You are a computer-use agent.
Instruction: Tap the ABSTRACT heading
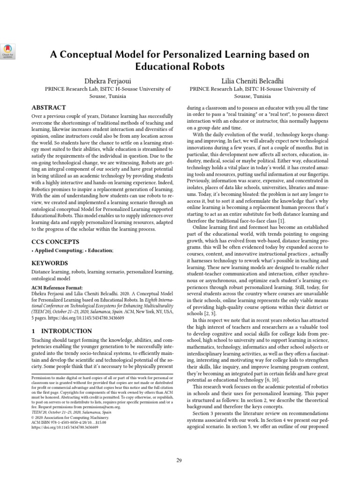pos(49,107)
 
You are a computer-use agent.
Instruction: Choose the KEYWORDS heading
pos(50,263)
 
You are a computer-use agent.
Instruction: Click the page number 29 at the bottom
pos(180,460)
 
